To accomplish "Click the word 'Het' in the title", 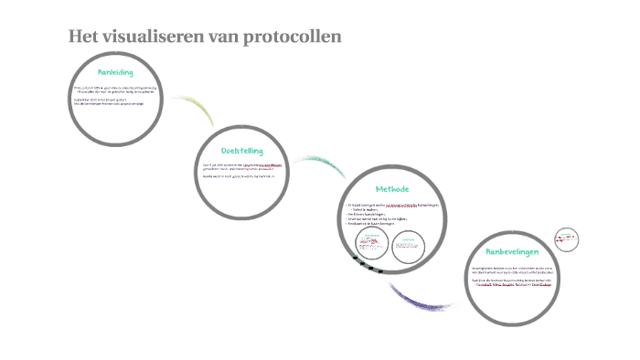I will (84, 37).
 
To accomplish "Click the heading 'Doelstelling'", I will (242, 150).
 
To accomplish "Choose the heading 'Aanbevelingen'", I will (517, 249).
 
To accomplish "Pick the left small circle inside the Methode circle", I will (373, 244).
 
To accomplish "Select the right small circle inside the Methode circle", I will (410, 244).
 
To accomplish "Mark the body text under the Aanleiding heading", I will (114, 94).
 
